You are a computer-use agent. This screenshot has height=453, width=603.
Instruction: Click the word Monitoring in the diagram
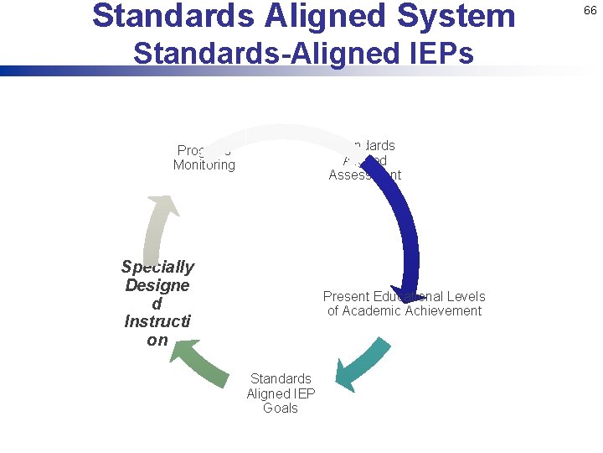coord(204,164)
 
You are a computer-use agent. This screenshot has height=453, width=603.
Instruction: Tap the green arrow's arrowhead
coord(183,351)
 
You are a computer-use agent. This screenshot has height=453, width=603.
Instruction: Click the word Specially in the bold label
coord(157,267)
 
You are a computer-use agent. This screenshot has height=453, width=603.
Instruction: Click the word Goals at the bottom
coord(281,408)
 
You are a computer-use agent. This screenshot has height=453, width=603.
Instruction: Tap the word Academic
coord(369,310)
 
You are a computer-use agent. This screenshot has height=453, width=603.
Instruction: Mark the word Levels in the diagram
coord(466,296)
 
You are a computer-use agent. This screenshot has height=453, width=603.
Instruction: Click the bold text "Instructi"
coord(157,321)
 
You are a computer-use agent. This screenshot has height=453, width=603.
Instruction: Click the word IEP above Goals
coord(302,393)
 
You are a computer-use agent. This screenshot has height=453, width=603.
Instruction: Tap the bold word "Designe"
coord(157,285)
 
